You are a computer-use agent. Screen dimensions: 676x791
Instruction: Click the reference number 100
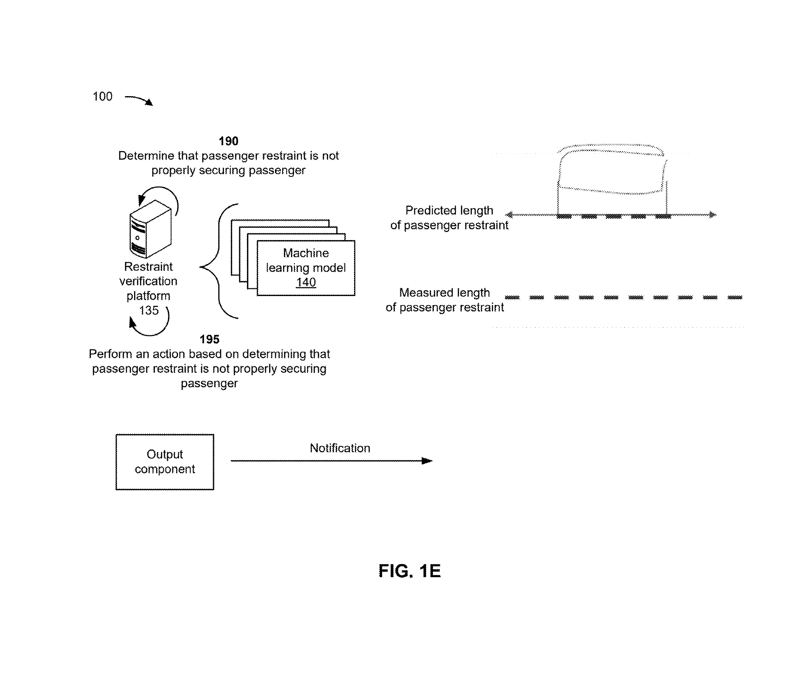(x=102, y=97)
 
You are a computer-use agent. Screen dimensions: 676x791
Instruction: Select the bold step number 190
(x=228, y=141)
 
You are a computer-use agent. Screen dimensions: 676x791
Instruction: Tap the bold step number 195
(x=209, y=339)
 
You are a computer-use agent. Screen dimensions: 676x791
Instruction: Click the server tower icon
(x=150, y=229)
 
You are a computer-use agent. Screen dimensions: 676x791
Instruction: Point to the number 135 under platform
(x=149, y=310)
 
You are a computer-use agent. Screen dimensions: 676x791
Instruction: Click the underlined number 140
(x=306, y=282)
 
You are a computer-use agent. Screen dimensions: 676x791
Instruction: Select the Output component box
(x=165, y=462)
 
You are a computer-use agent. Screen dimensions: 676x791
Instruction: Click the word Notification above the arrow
(x=340, y=448)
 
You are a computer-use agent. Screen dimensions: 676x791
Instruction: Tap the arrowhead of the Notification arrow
(x=427, y=461)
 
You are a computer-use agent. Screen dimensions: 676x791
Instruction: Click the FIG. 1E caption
(x=409, y=571)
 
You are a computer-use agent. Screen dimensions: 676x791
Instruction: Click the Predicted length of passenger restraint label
(x=449, y=218)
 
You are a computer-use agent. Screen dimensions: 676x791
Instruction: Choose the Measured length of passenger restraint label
(x=445, y=300)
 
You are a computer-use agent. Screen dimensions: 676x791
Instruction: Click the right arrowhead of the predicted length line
(x=712, y=215)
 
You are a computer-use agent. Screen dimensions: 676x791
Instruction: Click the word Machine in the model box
(x=306, y=253)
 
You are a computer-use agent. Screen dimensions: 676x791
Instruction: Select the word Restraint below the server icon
(x=148, y=267)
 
